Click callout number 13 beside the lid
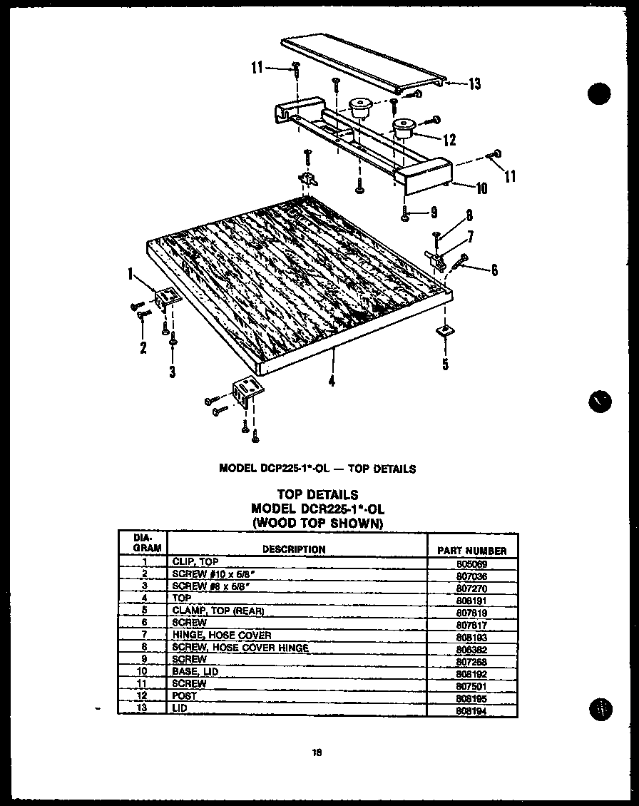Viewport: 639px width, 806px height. [474, 85]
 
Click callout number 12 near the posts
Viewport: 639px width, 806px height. [449, 139]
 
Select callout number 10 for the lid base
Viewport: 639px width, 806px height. [481, 188]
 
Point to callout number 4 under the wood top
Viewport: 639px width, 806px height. [332, 381]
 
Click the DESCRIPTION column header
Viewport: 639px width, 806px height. [294, 549]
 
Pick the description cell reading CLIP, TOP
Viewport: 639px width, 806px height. [195, 562]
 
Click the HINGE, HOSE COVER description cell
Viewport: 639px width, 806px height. [221, 635]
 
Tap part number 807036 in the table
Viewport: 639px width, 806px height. [471, 575]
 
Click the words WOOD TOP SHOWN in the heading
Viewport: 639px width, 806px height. [317, 523]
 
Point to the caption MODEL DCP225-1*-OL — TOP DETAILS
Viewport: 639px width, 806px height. [317, 469]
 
